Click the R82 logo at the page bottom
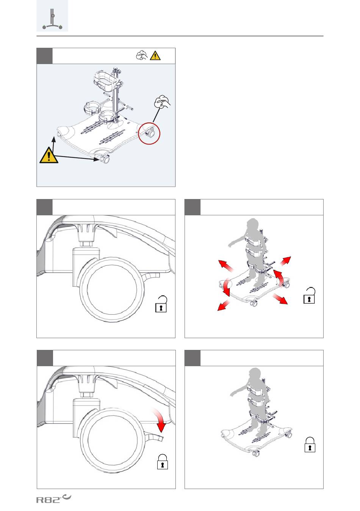point(54,499)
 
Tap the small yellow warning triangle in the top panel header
point(155,55)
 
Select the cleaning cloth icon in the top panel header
point(142,55)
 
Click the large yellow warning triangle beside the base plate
point(49,155)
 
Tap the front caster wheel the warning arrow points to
point(105,158)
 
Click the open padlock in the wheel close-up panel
point(161,304)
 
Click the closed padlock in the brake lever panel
point(162,462)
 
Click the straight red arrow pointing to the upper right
point(285,261)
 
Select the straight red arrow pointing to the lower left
point(224,306)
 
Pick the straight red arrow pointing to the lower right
point(280,299)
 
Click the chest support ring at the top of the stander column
point(105,80)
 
